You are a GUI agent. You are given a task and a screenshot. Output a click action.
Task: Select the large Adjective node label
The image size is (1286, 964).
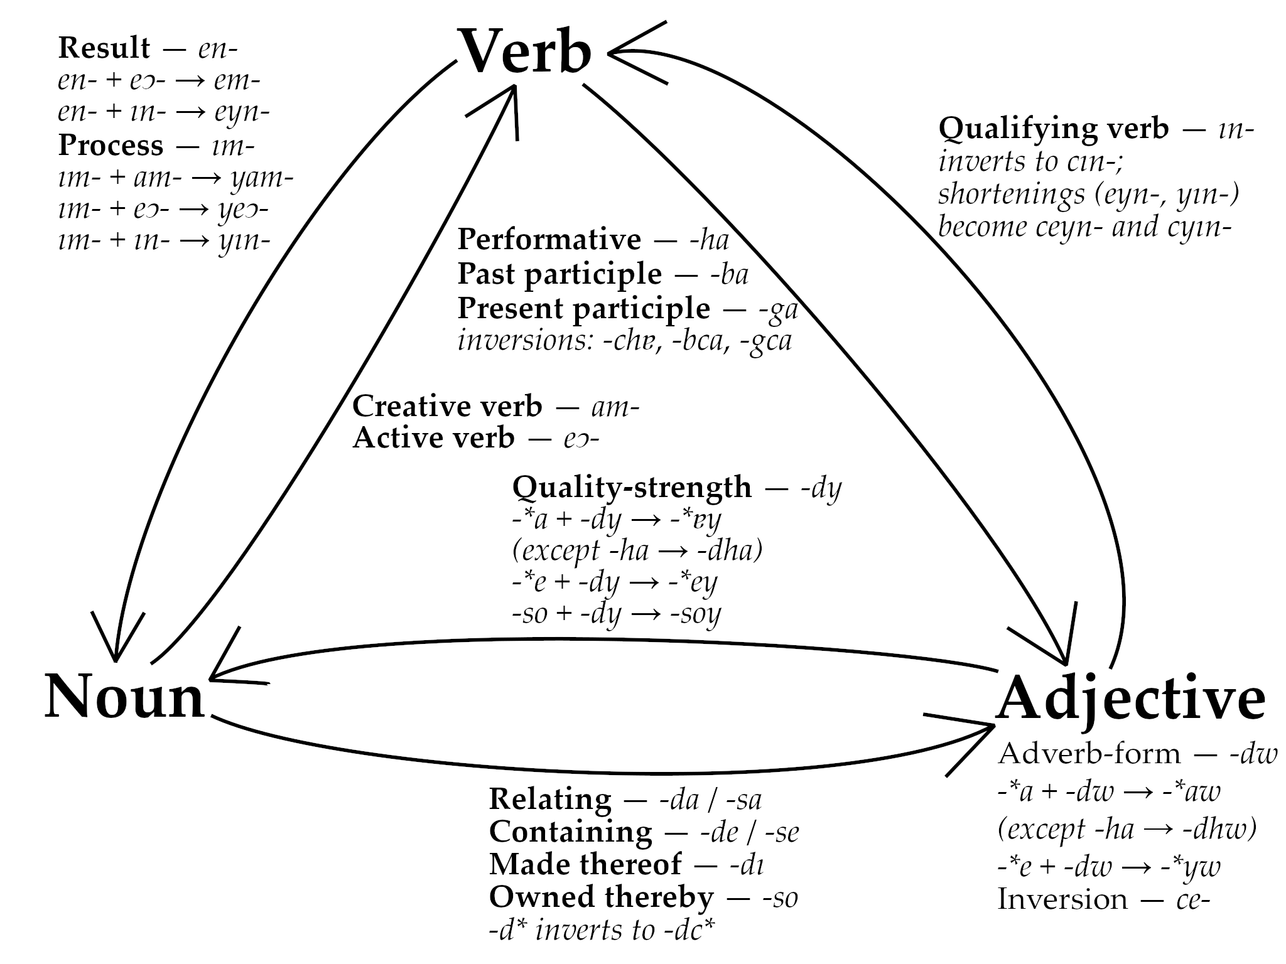coord(1130,700)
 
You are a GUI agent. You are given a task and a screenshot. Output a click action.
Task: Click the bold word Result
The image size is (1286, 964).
coord(104,48)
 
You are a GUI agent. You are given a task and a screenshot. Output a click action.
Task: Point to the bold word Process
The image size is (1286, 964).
coord(111,146)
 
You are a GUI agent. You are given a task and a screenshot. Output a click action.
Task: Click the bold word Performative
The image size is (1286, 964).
coord(549,240)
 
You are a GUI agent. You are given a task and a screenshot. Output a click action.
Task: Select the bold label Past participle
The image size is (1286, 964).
coord(559,274)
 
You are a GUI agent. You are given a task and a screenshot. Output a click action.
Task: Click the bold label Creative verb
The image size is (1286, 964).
coord(447,407)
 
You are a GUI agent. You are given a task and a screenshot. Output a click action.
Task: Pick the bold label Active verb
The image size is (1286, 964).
coord(433,438)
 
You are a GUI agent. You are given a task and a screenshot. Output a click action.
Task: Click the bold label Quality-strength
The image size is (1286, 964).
coord(632,488)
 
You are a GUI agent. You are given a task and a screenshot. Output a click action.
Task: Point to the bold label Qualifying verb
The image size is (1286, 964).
coord(1053,129)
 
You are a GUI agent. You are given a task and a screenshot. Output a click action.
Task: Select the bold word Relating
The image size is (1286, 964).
coord(550,800)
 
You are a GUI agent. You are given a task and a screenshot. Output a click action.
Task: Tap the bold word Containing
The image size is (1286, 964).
coord(570,832)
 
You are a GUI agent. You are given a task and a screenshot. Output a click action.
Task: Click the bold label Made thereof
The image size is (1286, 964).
coord(585,865)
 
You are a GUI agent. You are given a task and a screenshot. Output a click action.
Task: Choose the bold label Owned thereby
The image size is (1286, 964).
coord(601,897)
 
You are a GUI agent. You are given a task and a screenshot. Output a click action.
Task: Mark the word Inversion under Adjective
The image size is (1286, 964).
coord(1062,900)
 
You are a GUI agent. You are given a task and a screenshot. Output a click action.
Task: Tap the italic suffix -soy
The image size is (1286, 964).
coord(696,614)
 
